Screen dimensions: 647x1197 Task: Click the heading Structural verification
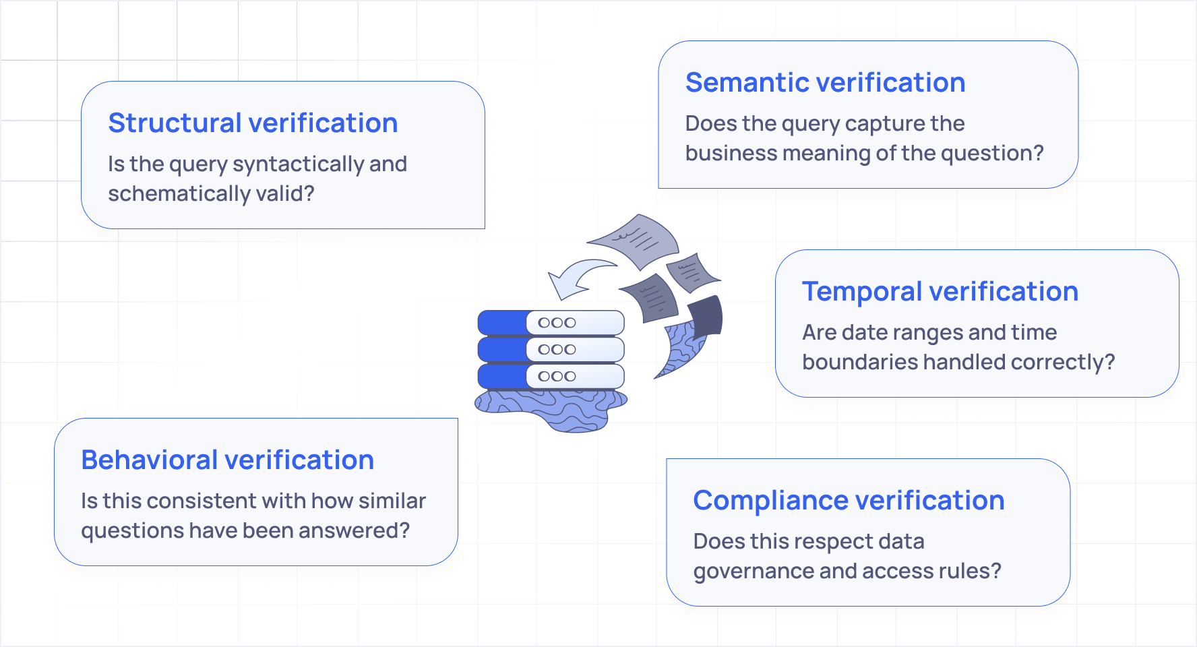point(253,123)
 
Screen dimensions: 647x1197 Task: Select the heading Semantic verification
point(825,83)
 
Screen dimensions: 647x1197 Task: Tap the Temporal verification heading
point(940,292)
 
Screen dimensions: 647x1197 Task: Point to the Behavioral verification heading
point(227,460)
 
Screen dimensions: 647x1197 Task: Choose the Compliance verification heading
point(849,501)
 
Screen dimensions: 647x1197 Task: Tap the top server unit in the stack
point(551,323)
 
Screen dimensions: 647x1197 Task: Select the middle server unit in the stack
point(551,350)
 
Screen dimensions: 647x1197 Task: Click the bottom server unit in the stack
point(551,377)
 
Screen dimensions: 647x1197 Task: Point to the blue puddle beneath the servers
point(553,408)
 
